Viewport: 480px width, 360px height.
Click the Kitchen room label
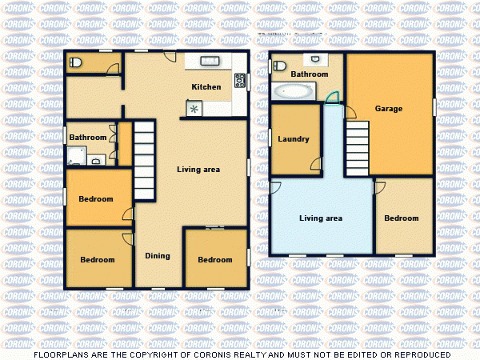click(206, 86)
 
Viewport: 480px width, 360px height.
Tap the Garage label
click(389, 109)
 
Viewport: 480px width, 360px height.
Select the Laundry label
click(293, 139)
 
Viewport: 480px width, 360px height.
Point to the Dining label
click(157, 256)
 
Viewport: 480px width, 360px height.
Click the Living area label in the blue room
click(321, 218)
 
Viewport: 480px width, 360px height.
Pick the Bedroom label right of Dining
click(215, 259)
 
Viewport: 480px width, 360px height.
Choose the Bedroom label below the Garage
click(401, 218)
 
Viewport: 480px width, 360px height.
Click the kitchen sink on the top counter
click(210, 61)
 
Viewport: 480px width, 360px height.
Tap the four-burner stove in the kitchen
click(239, 80)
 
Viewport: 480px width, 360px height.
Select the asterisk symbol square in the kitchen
click(194, 109)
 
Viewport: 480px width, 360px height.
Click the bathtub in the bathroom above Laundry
click(294, 91)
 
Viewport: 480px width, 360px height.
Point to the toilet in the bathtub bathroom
click(317, 59)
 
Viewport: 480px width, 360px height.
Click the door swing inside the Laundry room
click(315, 164)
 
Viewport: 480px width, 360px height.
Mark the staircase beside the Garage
click(357, 148)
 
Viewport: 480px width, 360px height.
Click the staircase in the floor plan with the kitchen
click(144, 160)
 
